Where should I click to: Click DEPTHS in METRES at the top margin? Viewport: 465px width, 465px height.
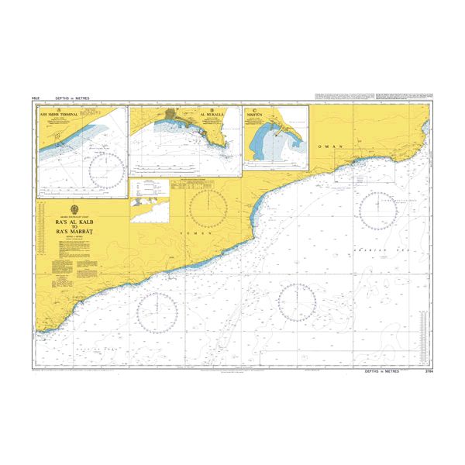click(73, 99)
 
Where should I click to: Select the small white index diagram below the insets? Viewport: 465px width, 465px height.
click(149, 201)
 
